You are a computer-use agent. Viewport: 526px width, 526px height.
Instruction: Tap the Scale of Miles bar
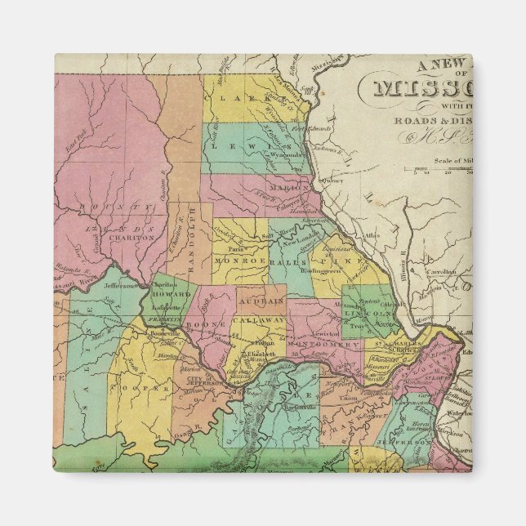[x=442, y=169]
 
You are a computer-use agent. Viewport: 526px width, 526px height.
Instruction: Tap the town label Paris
[x=238, y=250]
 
